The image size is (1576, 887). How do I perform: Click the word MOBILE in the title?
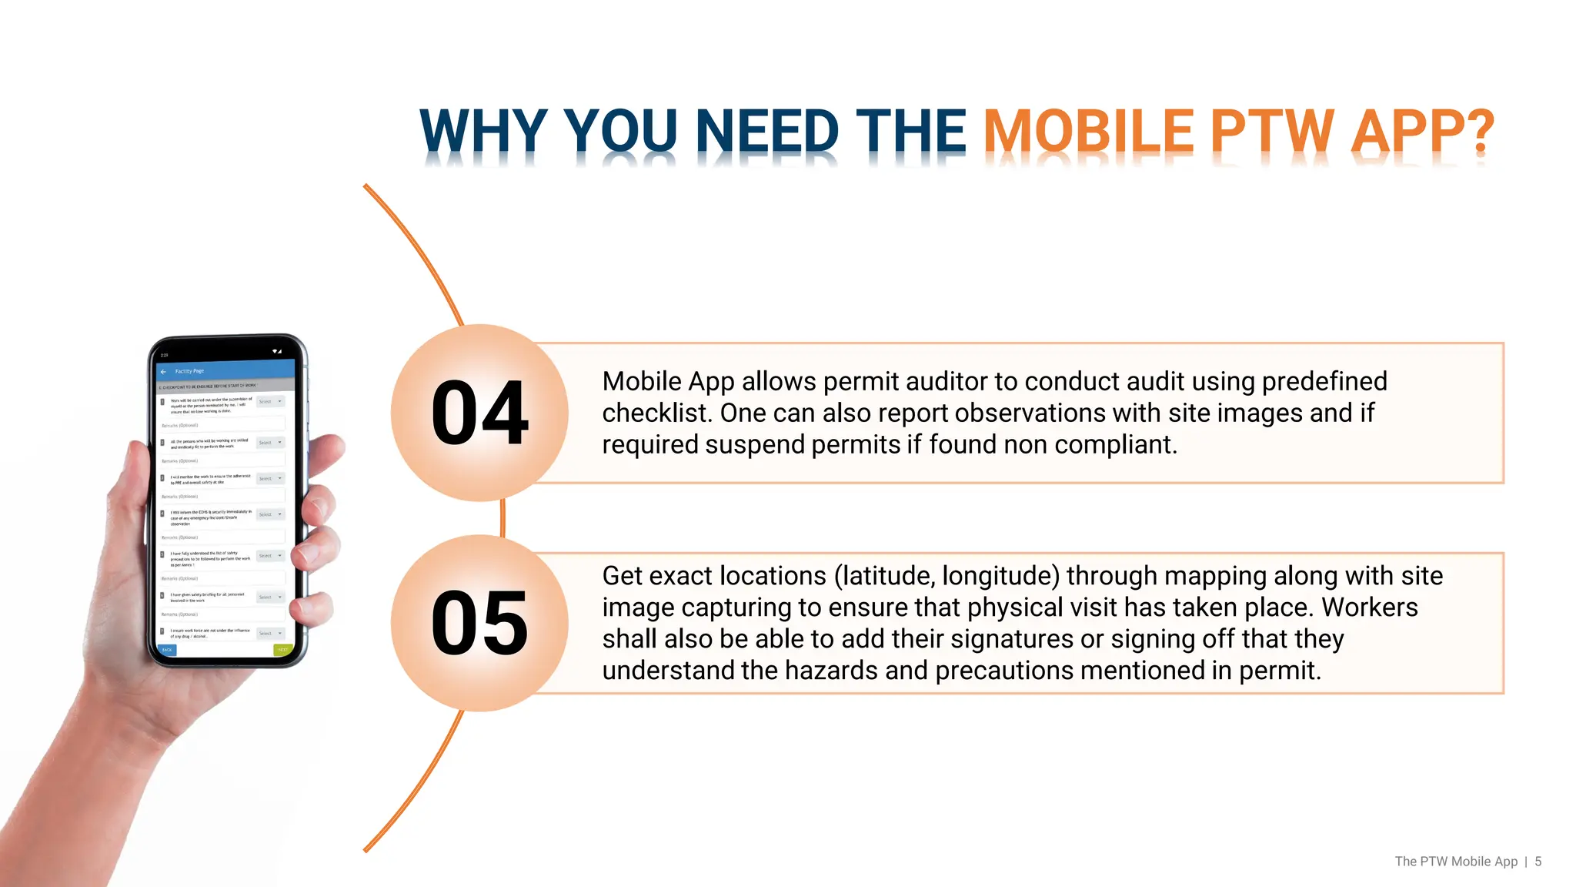pos(1088,132)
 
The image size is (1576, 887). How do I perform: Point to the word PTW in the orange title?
pos(1272,132)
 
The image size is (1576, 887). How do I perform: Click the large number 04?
pos(479,413)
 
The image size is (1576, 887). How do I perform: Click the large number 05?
pos(479,624)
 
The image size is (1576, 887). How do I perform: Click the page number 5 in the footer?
pos(1538,862)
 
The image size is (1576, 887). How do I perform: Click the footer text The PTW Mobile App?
pos(1456,862)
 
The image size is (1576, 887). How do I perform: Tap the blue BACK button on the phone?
pos(167,650)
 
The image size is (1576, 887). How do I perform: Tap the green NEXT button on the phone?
pos(282,650)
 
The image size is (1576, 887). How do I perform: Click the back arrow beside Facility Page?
pos(163,372)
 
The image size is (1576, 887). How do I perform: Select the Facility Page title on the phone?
pos(189,371)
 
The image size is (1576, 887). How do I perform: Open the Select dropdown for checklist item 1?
pos(270,402)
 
